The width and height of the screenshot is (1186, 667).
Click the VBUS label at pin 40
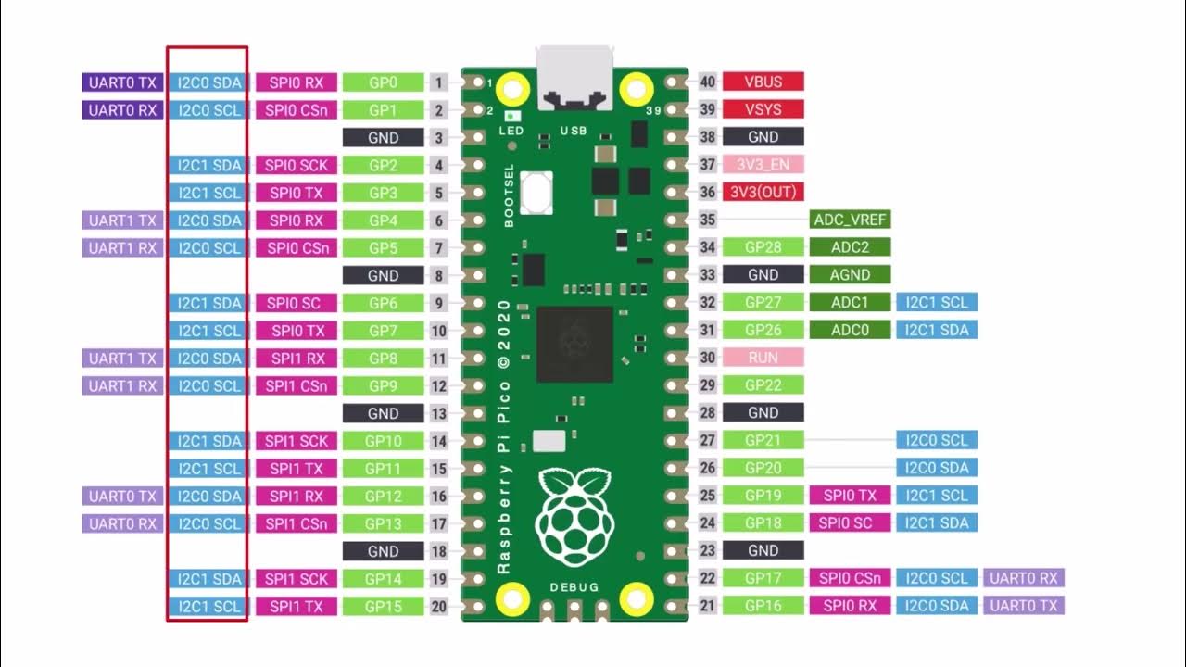(x=763, y=82)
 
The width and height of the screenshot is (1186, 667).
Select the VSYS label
(x=763, y=109)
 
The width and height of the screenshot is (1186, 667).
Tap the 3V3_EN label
(x=763, y=164)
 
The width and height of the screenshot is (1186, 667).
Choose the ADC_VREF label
(x=850, y=220)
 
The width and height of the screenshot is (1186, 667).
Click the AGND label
(x=850, y=274)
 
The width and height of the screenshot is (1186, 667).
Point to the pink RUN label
(x=763, y=357)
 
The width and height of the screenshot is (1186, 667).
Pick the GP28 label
(x=763, y=247)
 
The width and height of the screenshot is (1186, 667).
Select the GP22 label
(x=763, y=384)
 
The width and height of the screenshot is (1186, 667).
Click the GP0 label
(x=383, y=82)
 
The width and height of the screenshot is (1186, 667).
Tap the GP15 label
(x=383, y=607)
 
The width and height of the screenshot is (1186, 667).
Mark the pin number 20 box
(x=439, y=607)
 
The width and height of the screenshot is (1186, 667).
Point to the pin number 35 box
(x=708, y=220)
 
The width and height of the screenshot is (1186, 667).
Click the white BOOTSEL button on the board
(x=536, y=193)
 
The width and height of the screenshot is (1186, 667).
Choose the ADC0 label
(x=850, y=330)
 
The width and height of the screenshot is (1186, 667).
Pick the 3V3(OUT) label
(x=763, y=192)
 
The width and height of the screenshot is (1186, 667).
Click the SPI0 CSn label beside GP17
(x=850, y=578)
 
